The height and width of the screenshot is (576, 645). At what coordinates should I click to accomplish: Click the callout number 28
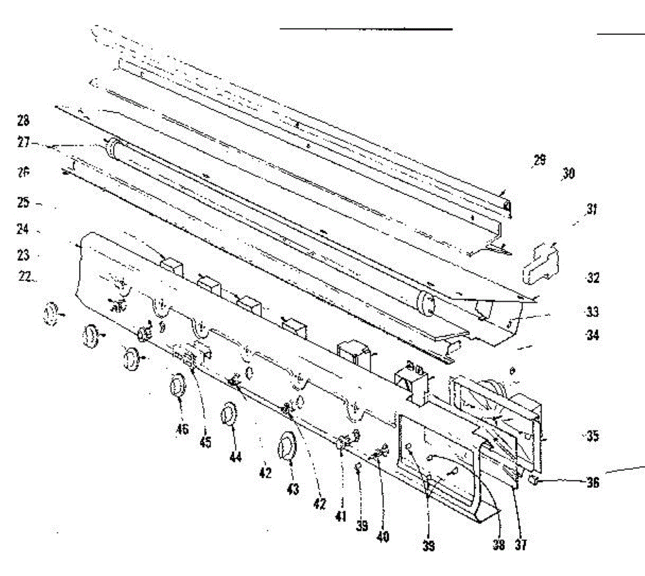coord(23,120)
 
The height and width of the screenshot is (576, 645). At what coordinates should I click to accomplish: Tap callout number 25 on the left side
coord(23,203)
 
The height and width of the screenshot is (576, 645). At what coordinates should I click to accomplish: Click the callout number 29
coord(539,160)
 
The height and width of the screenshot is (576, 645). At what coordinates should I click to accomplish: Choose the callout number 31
coord(592,209)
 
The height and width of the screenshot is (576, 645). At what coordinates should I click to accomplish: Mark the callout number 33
coord(592,312)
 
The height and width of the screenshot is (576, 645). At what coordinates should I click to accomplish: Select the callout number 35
coord(592,435)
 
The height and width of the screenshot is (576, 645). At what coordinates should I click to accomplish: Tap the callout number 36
coord(592,483)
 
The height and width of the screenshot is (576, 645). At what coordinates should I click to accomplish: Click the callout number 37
coord(520,545)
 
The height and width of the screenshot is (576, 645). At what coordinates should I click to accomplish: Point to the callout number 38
coord(499,545)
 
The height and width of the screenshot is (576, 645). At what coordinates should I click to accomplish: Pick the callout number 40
coord(383,536)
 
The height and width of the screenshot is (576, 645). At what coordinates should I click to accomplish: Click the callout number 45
coord(205,442)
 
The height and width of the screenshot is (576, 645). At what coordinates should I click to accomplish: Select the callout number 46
coord(182,428)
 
